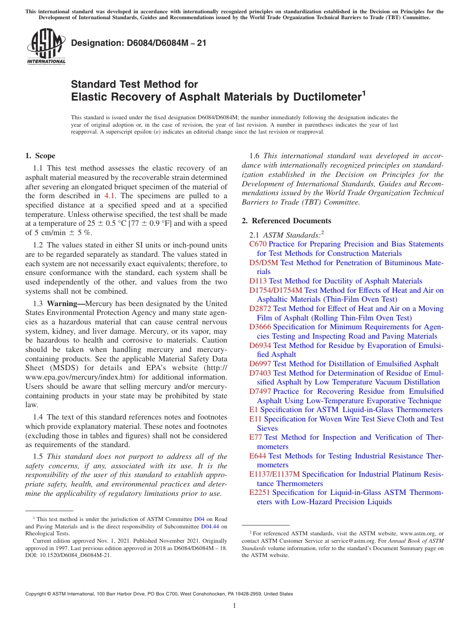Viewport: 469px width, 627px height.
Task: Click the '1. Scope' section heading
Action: tap(40, 156)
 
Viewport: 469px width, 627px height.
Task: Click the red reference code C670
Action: tap(258, 244)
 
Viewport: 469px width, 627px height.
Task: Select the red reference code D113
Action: tap(258, 281)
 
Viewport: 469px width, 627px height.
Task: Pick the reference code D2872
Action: tap(260, 309)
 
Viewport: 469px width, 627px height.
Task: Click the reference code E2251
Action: tap(260, 492)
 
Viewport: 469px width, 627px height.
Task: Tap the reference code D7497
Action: tap(260, 391)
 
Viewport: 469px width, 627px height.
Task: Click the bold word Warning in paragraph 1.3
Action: tap(64, 303)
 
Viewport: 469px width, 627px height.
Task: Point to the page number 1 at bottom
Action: tap(234, 605)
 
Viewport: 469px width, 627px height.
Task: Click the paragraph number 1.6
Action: tap(255, 156)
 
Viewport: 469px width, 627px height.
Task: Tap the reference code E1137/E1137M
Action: tap(274, 474)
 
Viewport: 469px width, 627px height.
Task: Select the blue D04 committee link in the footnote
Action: tap(199, 519)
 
